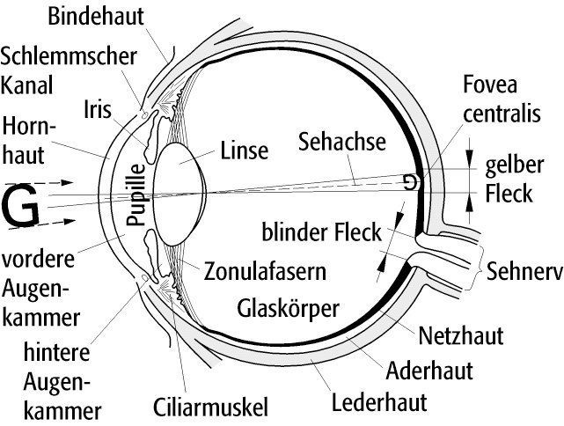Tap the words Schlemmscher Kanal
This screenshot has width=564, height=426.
click(69, 71)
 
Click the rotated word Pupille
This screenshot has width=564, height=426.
click(136, 195)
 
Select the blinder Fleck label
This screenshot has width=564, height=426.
click(320, 233)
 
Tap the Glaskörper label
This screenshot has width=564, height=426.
click(289, 308)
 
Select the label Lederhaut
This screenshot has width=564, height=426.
click(379, 404)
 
